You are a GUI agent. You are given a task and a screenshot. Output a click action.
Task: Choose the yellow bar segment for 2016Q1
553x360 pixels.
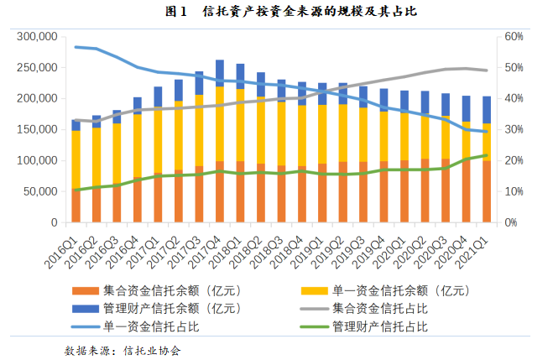pos(76,159)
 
